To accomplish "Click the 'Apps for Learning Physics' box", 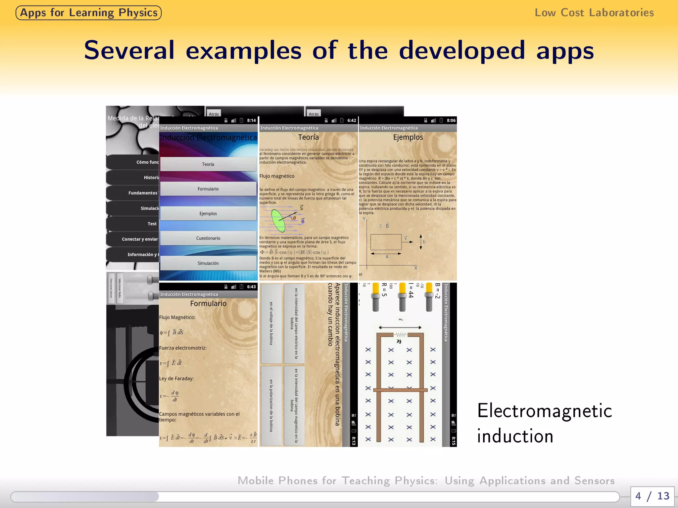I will pos(88,13).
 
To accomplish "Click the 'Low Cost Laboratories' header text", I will pos(594,13).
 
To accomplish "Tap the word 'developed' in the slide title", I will pos(462,50).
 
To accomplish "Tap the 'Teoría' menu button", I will pos(208,164).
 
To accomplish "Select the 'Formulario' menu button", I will pos(208,189).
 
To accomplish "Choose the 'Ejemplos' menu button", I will pos(208,214).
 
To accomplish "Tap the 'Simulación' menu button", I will pos(208,263).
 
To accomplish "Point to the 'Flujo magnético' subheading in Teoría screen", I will pos(277,176).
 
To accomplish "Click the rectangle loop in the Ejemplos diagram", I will pos(386,242).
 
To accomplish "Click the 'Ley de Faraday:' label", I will pos(176,378).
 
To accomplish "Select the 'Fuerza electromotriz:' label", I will pos(183,348).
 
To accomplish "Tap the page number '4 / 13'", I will pos(652,496).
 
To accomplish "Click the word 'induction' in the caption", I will pos(515,436).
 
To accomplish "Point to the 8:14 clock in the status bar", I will pos(251,120).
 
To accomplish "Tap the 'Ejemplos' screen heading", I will pos(408,137).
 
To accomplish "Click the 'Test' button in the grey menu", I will pos(152,224).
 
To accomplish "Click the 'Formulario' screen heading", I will pos(208,304).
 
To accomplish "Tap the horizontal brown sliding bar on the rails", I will pos(400,390).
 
